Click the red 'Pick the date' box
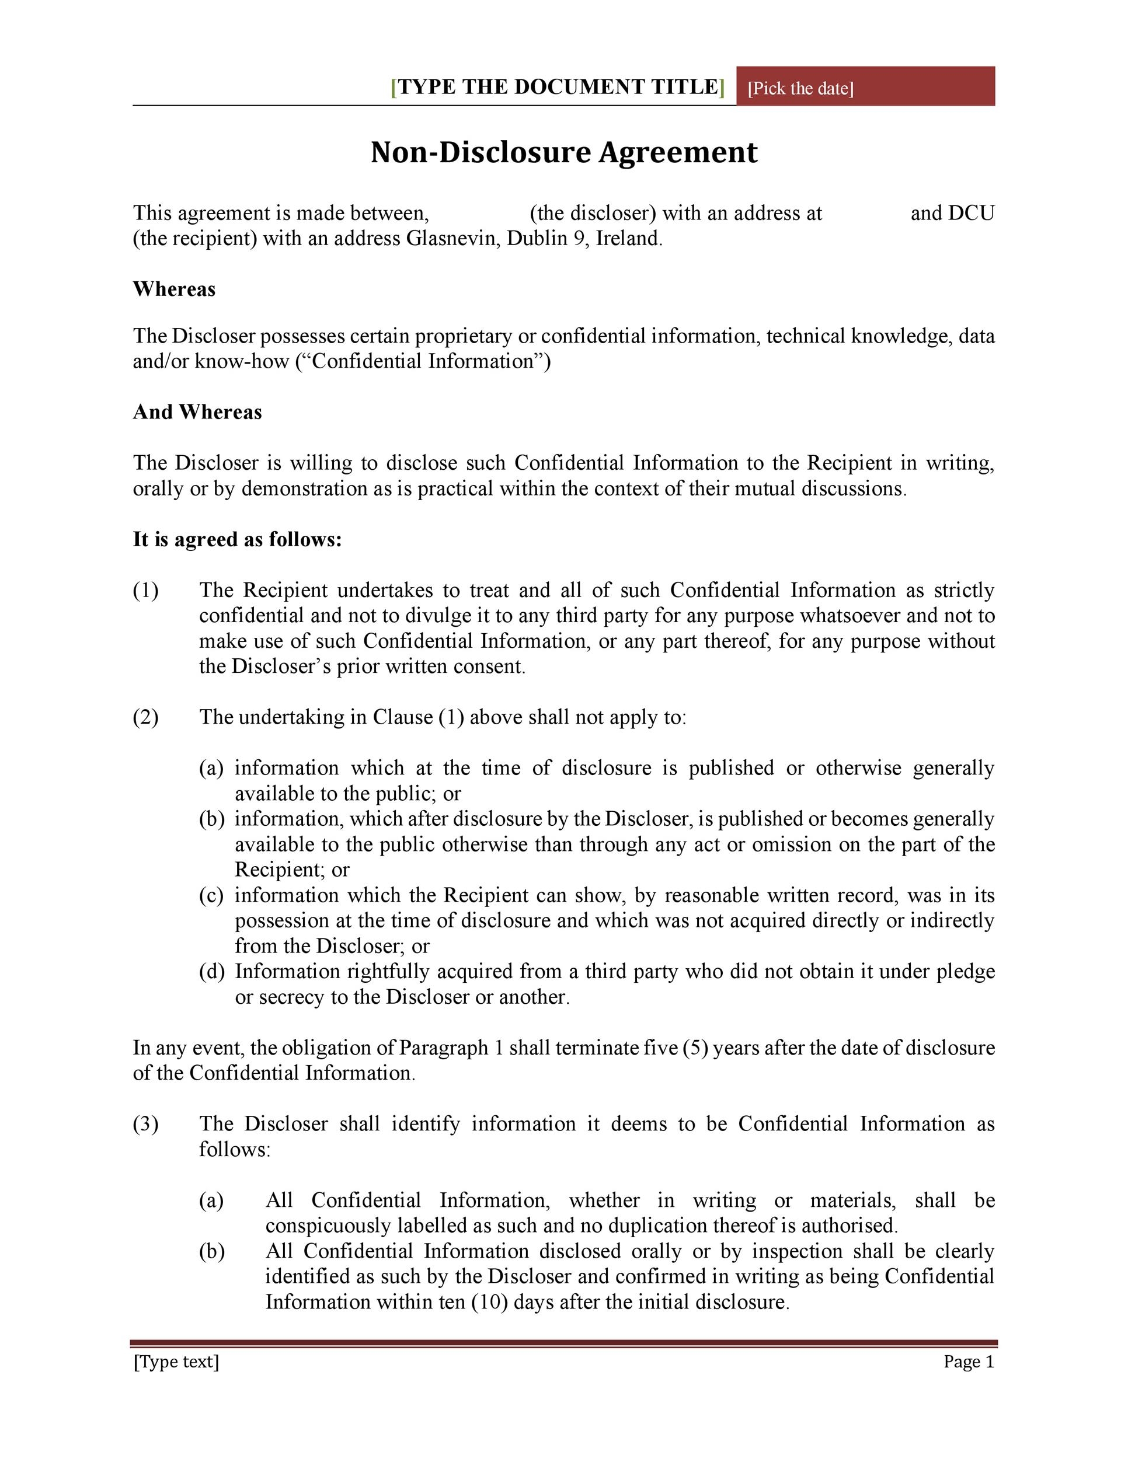[865, 87]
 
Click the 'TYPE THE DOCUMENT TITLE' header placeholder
[558, 87]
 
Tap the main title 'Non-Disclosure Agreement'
[564, 152]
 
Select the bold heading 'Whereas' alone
[174, 289]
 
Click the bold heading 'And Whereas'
[197, 412]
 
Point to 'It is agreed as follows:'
[237, 539]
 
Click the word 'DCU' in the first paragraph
[971, 213]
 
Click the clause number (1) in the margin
[146, 591]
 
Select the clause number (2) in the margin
[146, 717]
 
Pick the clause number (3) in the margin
[146, 1123]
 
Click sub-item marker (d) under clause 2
[211, 971]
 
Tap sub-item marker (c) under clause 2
[211, 895]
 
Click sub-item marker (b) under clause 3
[211, 1251]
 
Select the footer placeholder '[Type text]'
[176, 1362]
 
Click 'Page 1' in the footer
[968, 1362]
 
